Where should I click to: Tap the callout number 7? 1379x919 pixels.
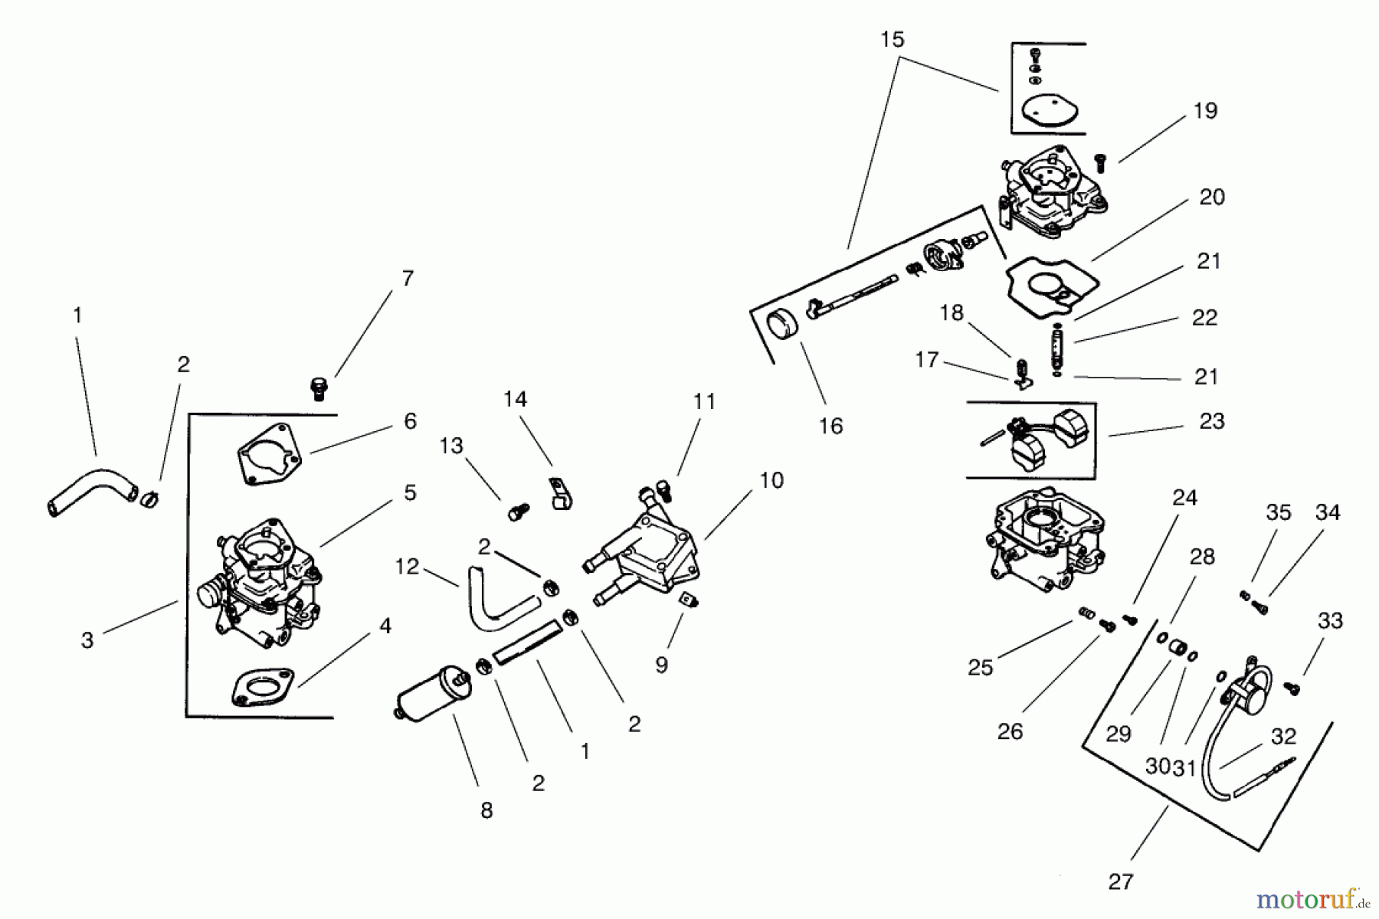pos(408,278)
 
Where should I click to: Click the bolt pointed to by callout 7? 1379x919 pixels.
pos(319,388)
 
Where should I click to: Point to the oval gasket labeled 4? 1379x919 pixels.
pos(263,687)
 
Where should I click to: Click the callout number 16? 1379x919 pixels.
pos(830,426)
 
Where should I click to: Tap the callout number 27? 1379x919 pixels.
pos(1120,881)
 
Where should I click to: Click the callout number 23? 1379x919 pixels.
pos(1211,420)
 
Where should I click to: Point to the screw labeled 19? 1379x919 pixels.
pos(1102,162)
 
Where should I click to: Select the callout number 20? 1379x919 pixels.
pos(1211,197)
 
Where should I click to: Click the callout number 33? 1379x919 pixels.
pos(1330,620)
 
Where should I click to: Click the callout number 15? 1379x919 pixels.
pos(893,39)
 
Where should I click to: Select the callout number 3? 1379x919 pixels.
pos(87,639)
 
